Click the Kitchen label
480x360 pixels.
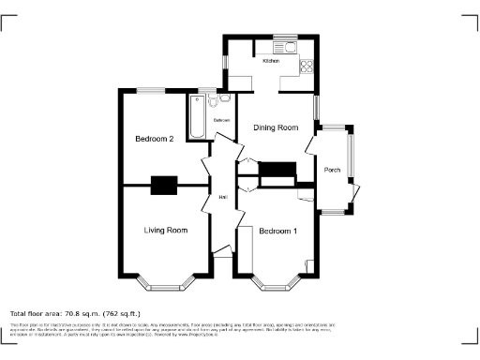[271, 61]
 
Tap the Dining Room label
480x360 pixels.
[276, 127]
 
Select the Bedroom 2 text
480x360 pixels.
[155, 139]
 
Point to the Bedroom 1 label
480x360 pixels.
[278, 231]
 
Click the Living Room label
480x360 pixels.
[165, 230]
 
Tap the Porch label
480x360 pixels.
[332, 170]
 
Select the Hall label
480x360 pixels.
[223, 198]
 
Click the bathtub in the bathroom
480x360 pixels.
[199, 116]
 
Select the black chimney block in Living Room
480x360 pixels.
[164, 186]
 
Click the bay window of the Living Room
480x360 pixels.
[165, 281]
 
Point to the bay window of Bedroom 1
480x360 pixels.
[278, 281]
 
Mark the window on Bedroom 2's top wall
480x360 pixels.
[150, 90]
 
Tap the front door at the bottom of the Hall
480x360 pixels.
[222, 251]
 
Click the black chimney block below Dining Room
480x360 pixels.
[277, 170]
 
